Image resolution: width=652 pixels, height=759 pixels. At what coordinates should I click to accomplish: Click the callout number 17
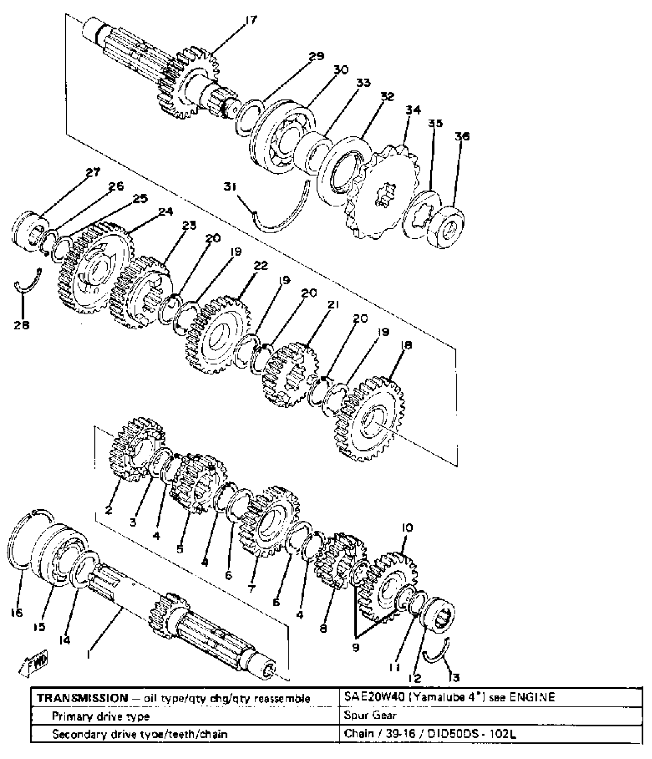click(x=251, y=20)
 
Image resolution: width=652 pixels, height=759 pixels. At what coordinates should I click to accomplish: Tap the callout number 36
click(x=462, y=136)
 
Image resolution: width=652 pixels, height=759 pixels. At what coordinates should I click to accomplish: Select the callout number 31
click(x=231, y=187)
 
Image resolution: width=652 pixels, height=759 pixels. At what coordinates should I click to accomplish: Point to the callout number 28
click(x=21, y=325)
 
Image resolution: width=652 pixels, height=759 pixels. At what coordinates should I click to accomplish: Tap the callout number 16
click(x=17, y=613)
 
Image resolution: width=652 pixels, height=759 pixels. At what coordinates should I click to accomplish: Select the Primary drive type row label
click(x=100, y=716)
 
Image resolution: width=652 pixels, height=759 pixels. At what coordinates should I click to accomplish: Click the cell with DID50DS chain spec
click(x=430, y=734)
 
